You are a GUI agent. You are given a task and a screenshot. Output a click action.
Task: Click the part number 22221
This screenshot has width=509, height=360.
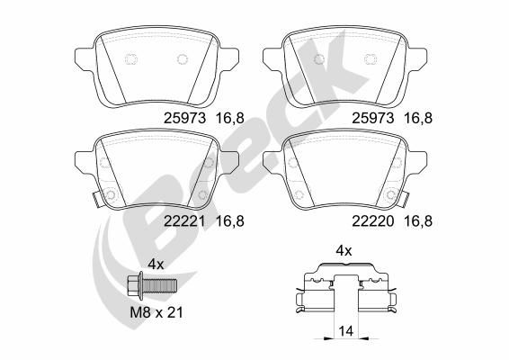(184, 221)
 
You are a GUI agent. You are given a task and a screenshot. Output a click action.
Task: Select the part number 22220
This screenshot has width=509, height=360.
(373, 221)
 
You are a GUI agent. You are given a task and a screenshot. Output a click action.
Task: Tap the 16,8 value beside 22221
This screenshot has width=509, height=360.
(230, 222)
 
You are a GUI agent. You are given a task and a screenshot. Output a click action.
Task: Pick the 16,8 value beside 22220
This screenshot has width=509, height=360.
(418, 222)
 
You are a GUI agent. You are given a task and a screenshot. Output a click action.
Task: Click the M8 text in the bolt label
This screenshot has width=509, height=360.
(140, 312)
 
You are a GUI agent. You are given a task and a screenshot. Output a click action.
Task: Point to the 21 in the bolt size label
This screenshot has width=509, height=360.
(174, 312)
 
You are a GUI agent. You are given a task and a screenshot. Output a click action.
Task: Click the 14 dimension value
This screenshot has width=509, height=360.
(345, 331)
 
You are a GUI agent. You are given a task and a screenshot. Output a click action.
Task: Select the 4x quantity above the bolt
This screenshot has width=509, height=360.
(156, 265)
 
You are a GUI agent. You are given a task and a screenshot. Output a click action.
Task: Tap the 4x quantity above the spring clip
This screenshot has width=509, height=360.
(344, 250)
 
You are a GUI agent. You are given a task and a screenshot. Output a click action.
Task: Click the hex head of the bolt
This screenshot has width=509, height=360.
(132, 286)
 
